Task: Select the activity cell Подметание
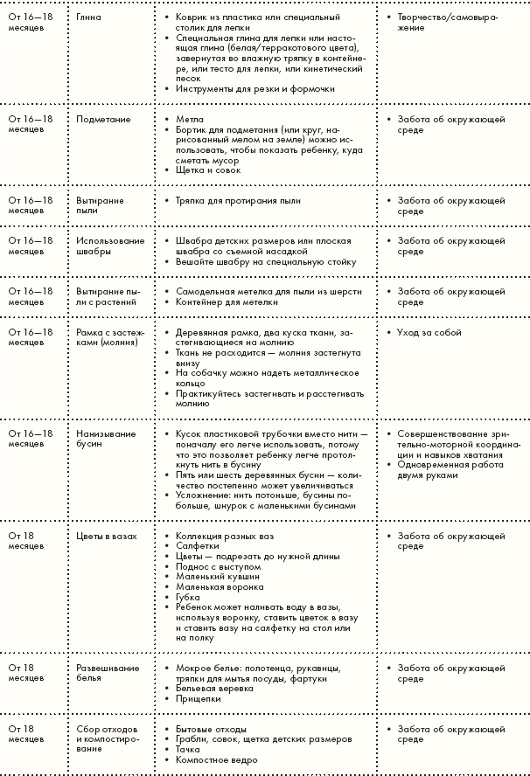(103, 119)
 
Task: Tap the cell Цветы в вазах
(107, 536)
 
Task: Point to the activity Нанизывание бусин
(106, 439)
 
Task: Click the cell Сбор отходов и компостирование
(108, 738)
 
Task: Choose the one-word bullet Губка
(188, 598)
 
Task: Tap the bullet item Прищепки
(198, 699)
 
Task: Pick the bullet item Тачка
(188, 750)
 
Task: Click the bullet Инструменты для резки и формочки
(242, 88)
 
